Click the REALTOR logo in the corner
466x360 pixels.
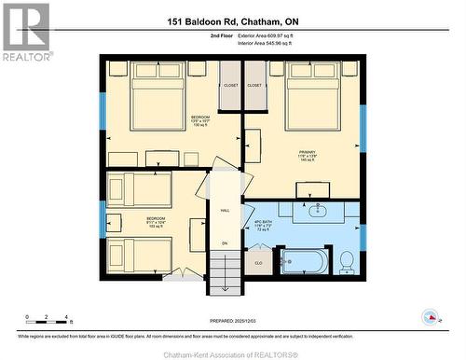point(25,32)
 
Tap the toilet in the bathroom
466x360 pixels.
point(347,262)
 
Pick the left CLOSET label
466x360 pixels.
point(229,86)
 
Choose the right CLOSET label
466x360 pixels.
point(254,86)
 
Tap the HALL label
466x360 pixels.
point(225,211)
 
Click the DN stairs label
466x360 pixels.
point(224,243)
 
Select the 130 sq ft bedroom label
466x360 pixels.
point(187,120)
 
